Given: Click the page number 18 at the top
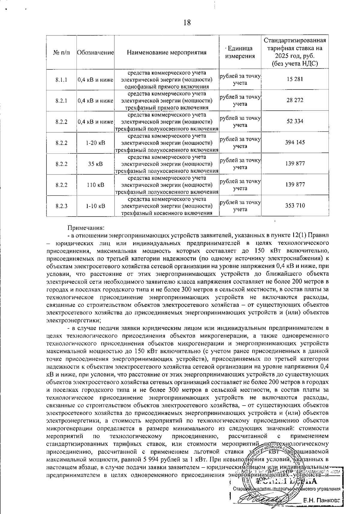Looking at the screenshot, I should (x=187, y=23).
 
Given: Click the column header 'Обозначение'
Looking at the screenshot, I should (x=95, y=53).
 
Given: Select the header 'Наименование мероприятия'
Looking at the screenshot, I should (x=167, y=53).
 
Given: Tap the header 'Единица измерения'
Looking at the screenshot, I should (x=240, y=52).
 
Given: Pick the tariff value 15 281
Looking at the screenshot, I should (x=295, y=79).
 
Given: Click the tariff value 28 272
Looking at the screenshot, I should (x=295, y=100).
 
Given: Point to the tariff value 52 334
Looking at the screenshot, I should (x=295, y=121).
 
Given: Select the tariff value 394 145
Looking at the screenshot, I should (x=295, y=142).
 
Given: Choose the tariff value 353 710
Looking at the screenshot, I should (x=295, y=206).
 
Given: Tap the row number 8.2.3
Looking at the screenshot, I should (x=61, y=206).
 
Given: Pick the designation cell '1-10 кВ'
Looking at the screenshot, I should (x=95, y=206).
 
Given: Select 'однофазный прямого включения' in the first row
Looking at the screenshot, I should (x=167, y=87).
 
